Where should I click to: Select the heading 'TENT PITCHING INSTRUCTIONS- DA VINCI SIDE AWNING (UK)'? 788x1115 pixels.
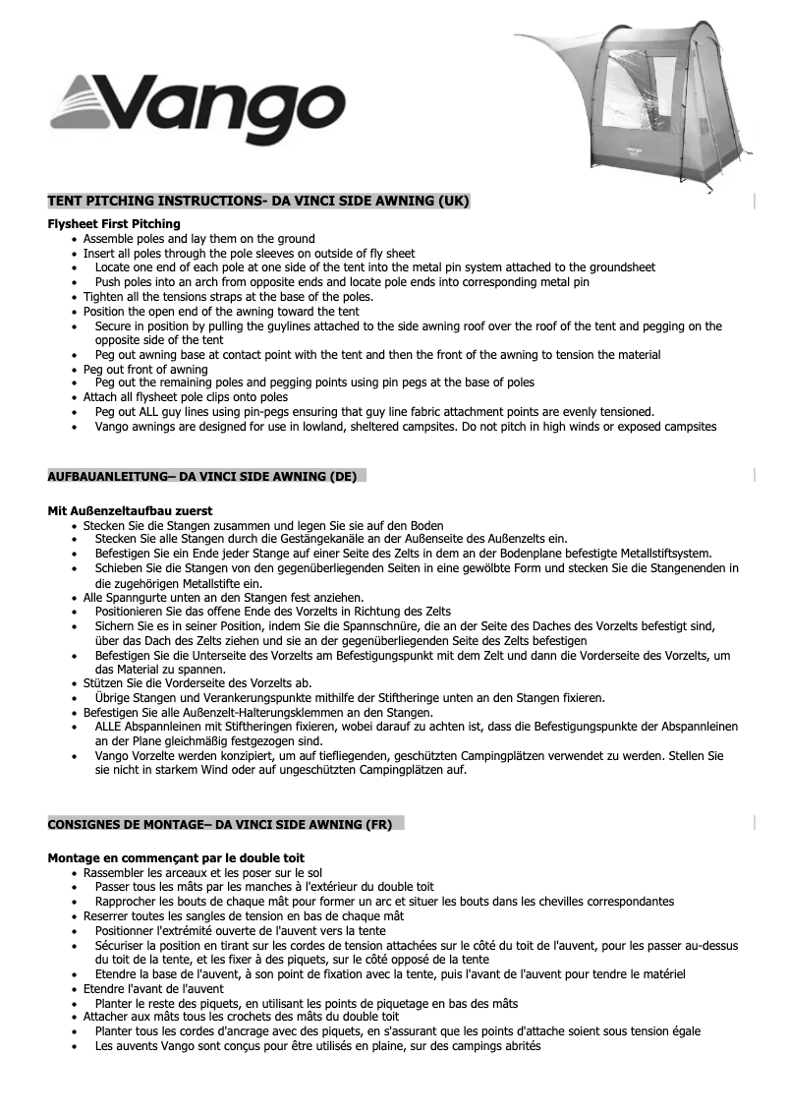258,202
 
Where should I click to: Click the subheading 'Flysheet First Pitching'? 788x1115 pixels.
114,224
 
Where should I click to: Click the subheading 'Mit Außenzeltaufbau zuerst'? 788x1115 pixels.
130,510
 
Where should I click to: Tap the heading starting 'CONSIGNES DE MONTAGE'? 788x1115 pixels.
220,824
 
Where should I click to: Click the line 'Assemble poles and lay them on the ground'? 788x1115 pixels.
198,239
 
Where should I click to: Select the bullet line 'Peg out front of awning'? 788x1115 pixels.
145,370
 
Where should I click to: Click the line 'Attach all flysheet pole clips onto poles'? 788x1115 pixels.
186,397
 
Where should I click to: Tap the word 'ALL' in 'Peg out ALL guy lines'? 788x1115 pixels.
153,412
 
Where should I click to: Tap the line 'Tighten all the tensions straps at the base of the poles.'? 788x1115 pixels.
228,296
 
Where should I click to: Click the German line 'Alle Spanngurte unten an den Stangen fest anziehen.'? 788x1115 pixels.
223,597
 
